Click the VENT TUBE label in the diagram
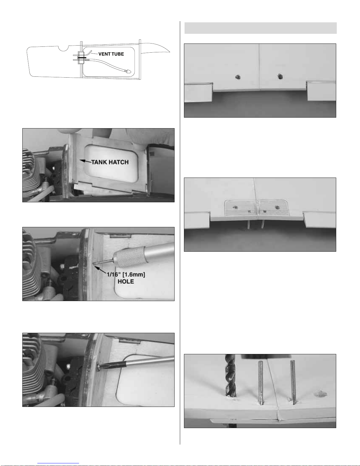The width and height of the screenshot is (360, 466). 111,54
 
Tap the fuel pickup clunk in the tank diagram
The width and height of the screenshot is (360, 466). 128,72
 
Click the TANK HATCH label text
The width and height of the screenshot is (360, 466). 110,162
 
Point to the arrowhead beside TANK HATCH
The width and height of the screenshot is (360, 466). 82,160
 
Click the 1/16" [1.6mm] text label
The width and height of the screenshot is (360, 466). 126,275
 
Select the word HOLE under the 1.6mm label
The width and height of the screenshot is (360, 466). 126,281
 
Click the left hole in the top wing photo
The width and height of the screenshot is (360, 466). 238,77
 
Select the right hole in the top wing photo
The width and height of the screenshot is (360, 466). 280,76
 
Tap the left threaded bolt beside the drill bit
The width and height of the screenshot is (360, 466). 261,383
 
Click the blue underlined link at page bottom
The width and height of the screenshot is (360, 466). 58,463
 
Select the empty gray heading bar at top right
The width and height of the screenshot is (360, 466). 261,28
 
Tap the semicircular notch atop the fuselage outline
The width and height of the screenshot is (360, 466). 64,48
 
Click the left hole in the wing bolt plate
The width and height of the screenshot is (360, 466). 236,207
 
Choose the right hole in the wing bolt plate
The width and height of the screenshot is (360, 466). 277,207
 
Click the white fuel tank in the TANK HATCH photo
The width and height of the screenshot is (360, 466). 111,163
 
